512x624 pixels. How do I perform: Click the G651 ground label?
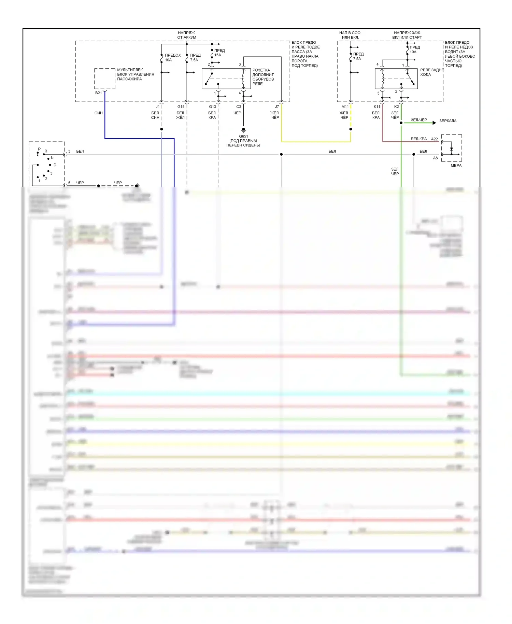click(243, 136)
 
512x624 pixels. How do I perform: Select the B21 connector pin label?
click(98, 93)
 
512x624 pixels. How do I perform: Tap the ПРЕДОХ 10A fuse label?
click(173, 57)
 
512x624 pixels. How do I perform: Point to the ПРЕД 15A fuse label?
click(219, 53)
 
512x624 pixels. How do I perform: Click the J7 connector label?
click(277, 107)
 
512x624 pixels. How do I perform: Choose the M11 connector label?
click(345, 107)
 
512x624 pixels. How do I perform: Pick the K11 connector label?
click(377, 107)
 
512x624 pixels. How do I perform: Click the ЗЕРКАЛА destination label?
click(447, 121)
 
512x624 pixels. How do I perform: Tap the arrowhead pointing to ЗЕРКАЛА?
click(434, 123)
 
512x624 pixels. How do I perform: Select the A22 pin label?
click(434, 139)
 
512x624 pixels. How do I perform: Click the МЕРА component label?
click(456, 166)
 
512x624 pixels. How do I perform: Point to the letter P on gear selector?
click(39, 149)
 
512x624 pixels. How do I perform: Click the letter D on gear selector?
click(55, 165)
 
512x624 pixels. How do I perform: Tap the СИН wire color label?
click(99, 113)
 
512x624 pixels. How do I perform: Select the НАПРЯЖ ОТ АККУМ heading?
click(186, 35)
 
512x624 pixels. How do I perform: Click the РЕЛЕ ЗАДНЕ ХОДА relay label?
click(431, 72)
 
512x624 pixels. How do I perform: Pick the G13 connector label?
click(212, 107)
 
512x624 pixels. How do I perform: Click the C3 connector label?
click(239, 107)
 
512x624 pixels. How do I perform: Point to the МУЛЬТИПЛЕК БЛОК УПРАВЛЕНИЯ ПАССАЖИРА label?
click(136, 74)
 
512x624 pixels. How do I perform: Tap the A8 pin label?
click(435, 158)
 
